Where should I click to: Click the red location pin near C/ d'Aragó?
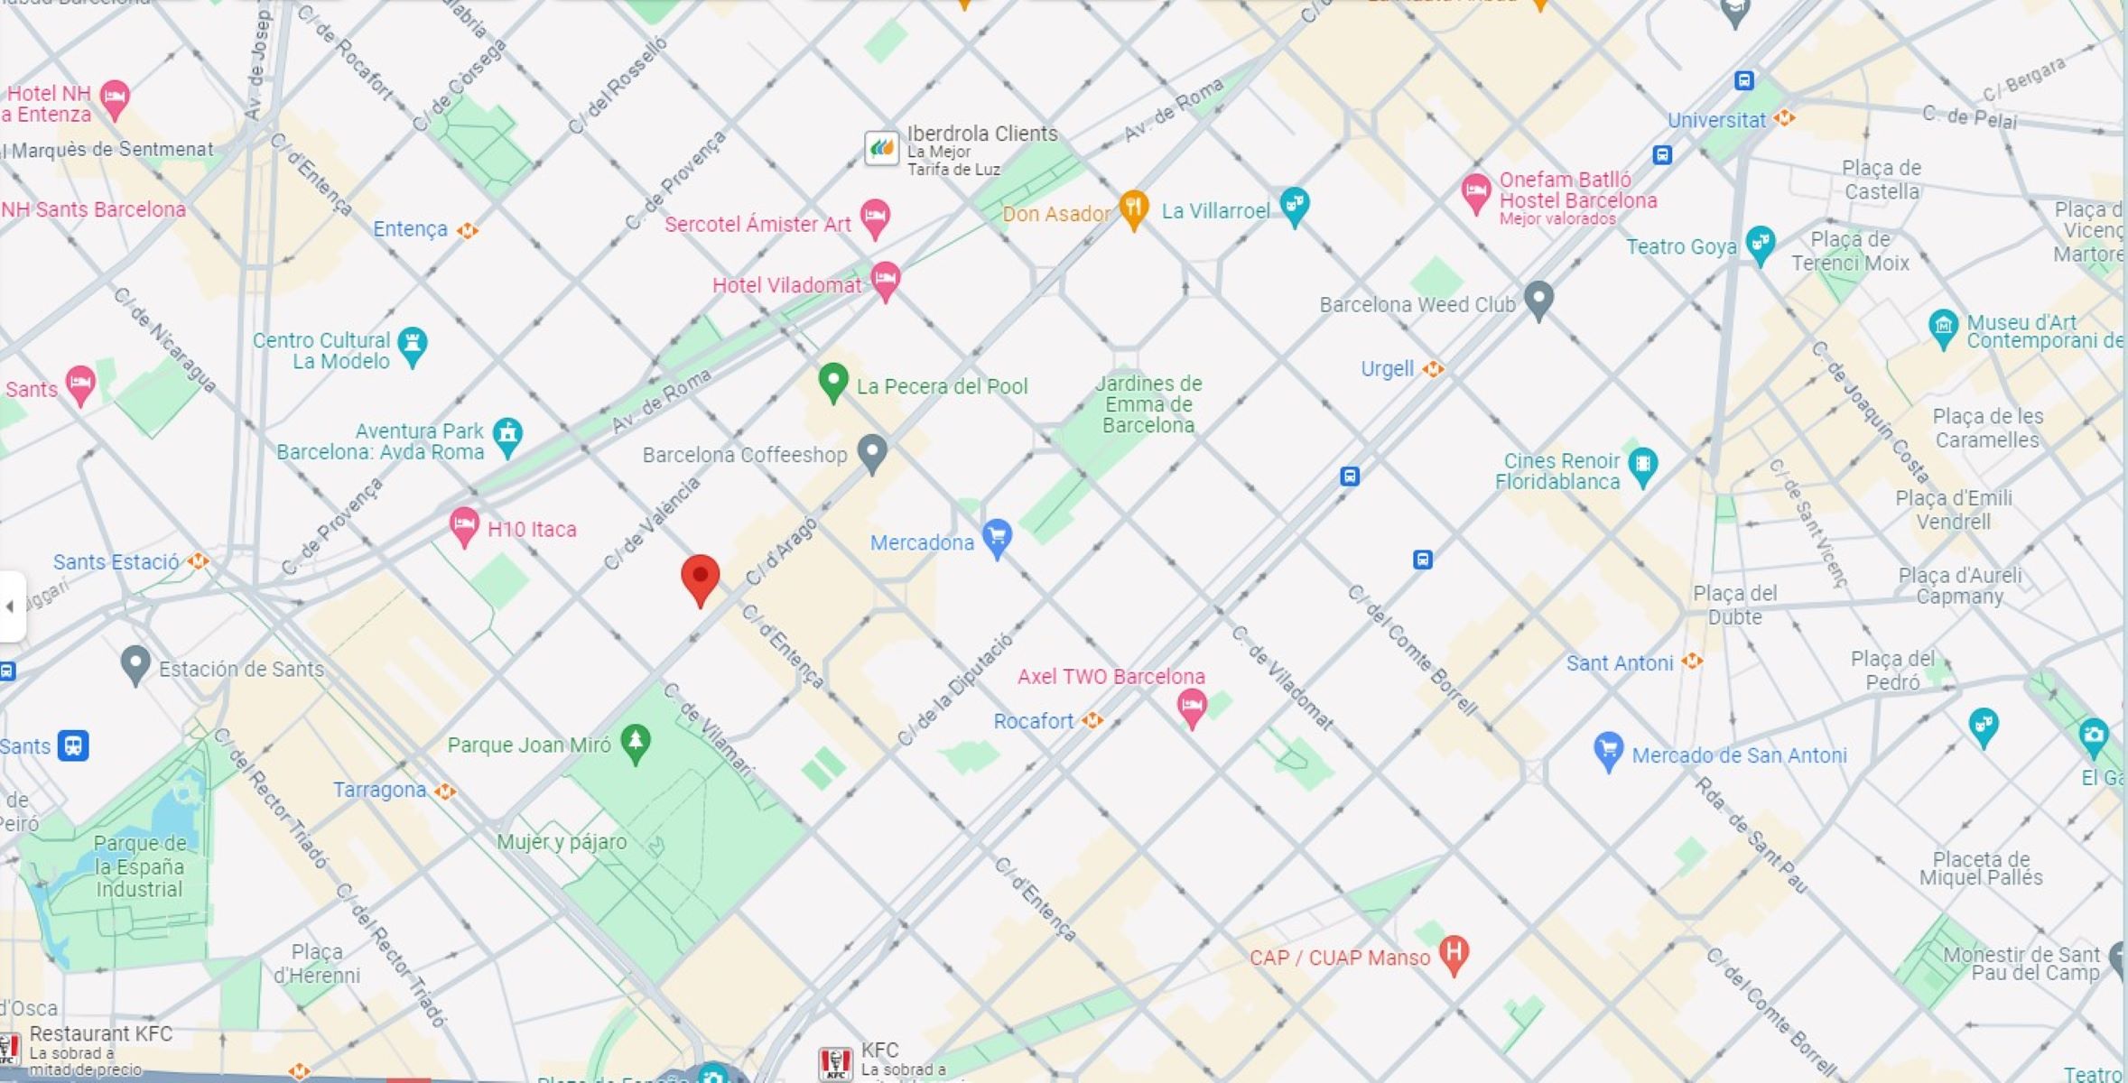tap(700, 578)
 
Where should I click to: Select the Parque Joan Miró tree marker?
tap(636, 742)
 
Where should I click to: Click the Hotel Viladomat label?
tap(786, 285)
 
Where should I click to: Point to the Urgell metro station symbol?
tap(1433, 369)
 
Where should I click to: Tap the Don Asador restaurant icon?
tap(1134, 208)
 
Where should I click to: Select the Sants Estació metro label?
tap(116, 562)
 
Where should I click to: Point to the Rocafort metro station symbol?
tap(1092, 720)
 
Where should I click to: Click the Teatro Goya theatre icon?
tap(1760, 243)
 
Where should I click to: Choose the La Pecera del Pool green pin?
tap(832, 381)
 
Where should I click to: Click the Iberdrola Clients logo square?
tap(881, 147)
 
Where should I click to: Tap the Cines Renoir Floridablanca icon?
tap(1642, 465)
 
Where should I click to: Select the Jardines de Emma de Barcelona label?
tap(1148, 404)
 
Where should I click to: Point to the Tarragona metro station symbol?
tap(444, 791)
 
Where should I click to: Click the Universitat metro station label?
tap(1715, 120)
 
